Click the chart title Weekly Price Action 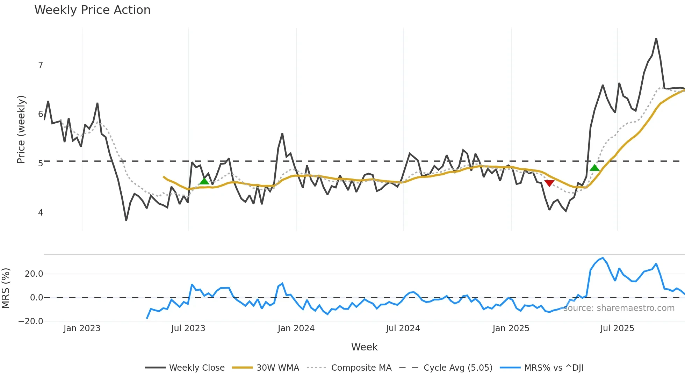point(92,10)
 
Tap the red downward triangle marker point(549,183)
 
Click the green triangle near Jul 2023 point(204,181)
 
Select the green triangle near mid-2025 point(594,168)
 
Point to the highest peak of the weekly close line point(656,39)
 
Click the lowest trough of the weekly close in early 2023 point(126,220)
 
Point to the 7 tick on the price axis point(41,65)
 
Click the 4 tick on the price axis point(41,212)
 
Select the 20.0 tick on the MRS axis point(34,274)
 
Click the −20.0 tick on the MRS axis point(31,321)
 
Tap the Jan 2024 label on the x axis point(296,328)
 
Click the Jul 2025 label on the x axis point(617,328)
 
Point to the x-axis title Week point(364,347)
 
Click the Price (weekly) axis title point(21,129)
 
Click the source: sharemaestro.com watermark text point(619,308)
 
